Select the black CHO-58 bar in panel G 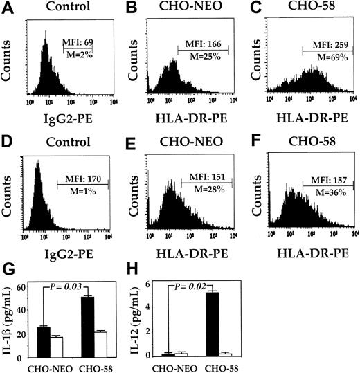pos(87,327)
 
